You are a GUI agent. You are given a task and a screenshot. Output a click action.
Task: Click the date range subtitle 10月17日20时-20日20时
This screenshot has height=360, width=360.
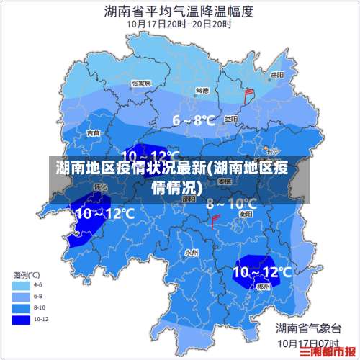click(179, 24)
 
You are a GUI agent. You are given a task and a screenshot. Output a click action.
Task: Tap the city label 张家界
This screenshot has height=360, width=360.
click(141, 84)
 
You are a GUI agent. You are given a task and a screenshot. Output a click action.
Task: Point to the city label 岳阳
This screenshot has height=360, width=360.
click(276, 74)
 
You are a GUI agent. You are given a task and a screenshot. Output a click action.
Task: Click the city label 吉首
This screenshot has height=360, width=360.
click(94, 133)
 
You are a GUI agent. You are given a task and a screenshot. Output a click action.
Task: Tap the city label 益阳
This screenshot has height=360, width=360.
click(230, 119)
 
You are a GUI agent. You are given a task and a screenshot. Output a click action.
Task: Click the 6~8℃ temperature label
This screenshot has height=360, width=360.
click(193, 120)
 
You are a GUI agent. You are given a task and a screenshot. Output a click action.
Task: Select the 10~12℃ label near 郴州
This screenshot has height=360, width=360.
click(262, 271)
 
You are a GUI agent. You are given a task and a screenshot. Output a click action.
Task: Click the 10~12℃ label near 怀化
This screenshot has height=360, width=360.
click(105, 213)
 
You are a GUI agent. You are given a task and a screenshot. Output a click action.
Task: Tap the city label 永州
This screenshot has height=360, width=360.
click(191, 253)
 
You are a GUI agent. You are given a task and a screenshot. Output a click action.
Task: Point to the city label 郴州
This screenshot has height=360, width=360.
click(264, 286)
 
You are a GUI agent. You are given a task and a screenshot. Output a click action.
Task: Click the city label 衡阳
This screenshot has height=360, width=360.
click(245, 214)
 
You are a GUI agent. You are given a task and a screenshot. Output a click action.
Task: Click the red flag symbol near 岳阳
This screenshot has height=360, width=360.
click(250, 93)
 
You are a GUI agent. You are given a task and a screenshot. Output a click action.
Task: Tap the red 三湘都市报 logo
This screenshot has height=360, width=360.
click(330, 351)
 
